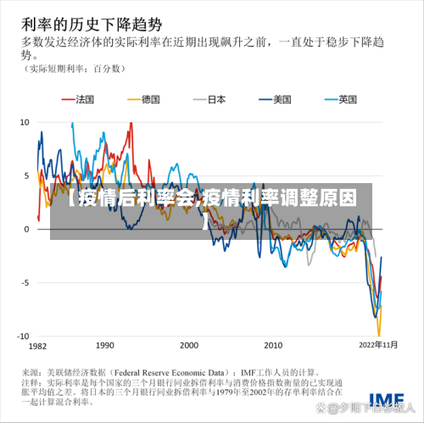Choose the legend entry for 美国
coord(282,99)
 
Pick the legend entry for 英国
coord(347,99)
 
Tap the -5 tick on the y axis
coord(25,282)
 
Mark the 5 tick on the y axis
coord(26,175)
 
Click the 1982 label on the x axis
coord(37,347)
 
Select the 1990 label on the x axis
coord(104,347)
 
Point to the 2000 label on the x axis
coord(188,347)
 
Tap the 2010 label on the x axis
coord(273,347)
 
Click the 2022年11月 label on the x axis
coord(377,347)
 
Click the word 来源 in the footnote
coord(31,371)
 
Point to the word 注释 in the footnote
coord(31,382)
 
